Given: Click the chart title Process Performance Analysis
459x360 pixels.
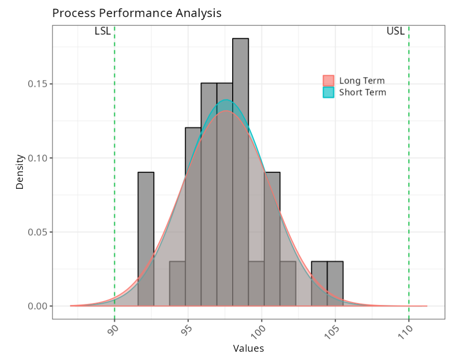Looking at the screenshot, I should click(x=137, y=13).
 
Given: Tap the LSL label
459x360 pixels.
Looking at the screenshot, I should click(x=102, y=32).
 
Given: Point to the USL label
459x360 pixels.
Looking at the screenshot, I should click(x=395, y=32).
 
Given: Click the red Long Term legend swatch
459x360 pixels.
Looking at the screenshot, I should click(x=328, y=80).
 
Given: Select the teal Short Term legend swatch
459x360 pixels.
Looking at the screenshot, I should click(x=328, y=92).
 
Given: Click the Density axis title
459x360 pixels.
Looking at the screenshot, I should click(x=20, y=171).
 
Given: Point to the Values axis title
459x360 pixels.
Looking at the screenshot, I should click(x=248, y=348).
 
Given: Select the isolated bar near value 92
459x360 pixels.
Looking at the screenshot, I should click(x=146, y=239).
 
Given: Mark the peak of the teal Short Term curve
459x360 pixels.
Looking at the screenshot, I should click(x=226, y=100).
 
